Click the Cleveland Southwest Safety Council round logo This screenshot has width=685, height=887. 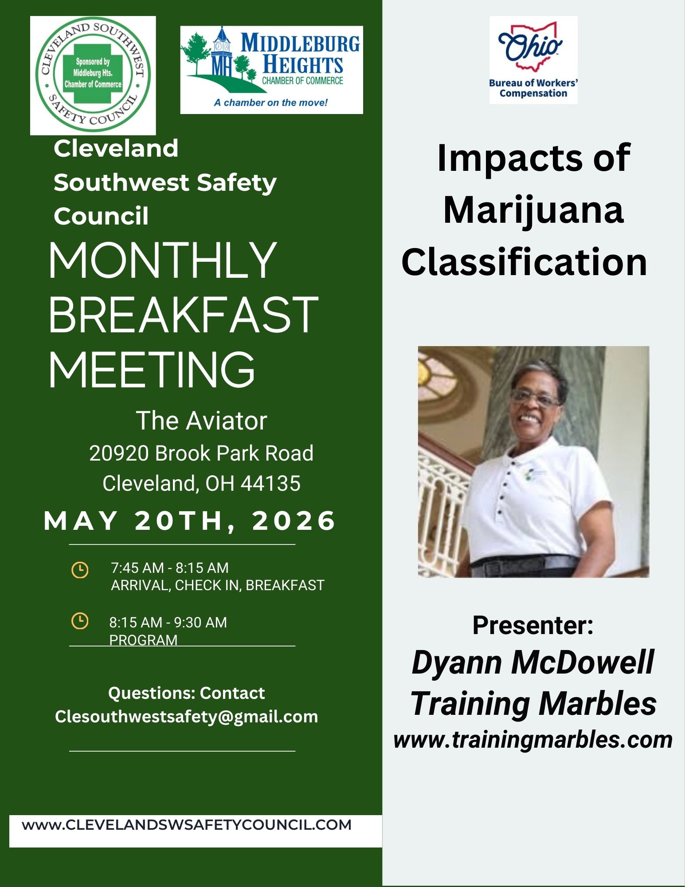point(93,75)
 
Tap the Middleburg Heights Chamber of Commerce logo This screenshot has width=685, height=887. point(271,70)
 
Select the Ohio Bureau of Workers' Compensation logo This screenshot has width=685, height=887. point(533,60)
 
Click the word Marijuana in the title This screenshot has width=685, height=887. point(533,211)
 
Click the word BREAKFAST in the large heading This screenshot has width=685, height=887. point(183,315)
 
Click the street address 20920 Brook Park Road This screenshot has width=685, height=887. point(201,453)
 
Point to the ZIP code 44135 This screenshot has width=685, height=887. point(270,483)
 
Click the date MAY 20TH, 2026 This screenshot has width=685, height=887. point(190,520)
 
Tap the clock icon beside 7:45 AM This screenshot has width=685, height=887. point(80,570)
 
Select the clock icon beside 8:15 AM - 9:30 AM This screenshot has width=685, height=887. point(80,621)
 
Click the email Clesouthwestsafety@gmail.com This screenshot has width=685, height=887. point(187,717)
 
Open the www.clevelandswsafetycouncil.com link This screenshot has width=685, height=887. point(187,825)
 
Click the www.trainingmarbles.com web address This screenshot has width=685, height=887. point(533,740)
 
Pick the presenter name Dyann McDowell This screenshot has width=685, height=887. point(533,662)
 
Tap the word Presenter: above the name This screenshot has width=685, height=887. point(533,625)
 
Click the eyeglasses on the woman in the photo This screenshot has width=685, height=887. point(535,398)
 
